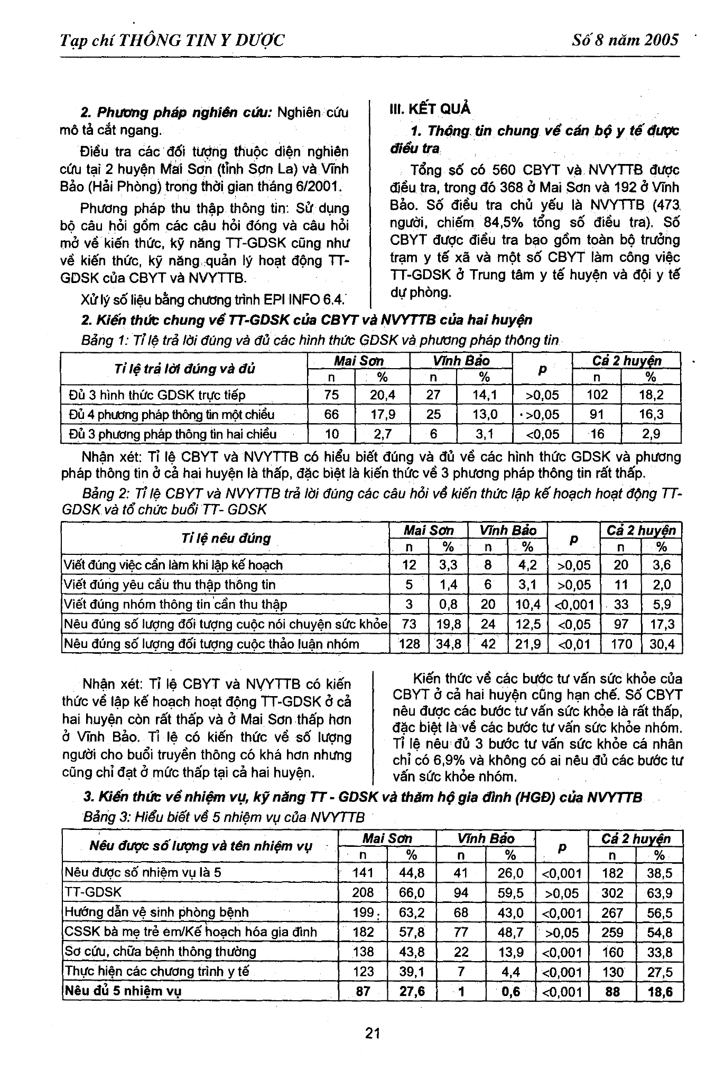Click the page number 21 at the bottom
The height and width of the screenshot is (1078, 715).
point(373,1032)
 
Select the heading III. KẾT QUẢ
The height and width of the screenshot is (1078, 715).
point(430,109)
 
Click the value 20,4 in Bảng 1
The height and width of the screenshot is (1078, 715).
point(383,395)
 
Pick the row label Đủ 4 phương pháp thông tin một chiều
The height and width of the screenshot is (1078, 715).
point(172,415)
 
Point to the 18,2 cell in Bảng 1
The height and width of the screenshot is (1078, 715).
point(651,395)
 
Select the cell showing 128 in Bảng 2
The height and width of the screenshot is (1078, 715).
point(410,644)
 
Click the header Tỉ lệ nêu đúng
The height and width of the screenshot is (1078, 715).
point(226,538)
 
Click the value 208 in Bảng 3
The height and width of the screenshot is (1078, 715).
point(363,893)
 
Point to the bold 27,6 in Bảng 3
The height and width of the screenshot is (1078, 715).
point(412,991)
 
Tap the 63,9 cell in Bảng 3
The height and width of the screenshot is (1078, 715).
point(660,893)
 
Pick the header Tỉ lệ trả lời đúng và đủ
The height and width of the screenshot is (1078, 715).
point(184,369)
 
